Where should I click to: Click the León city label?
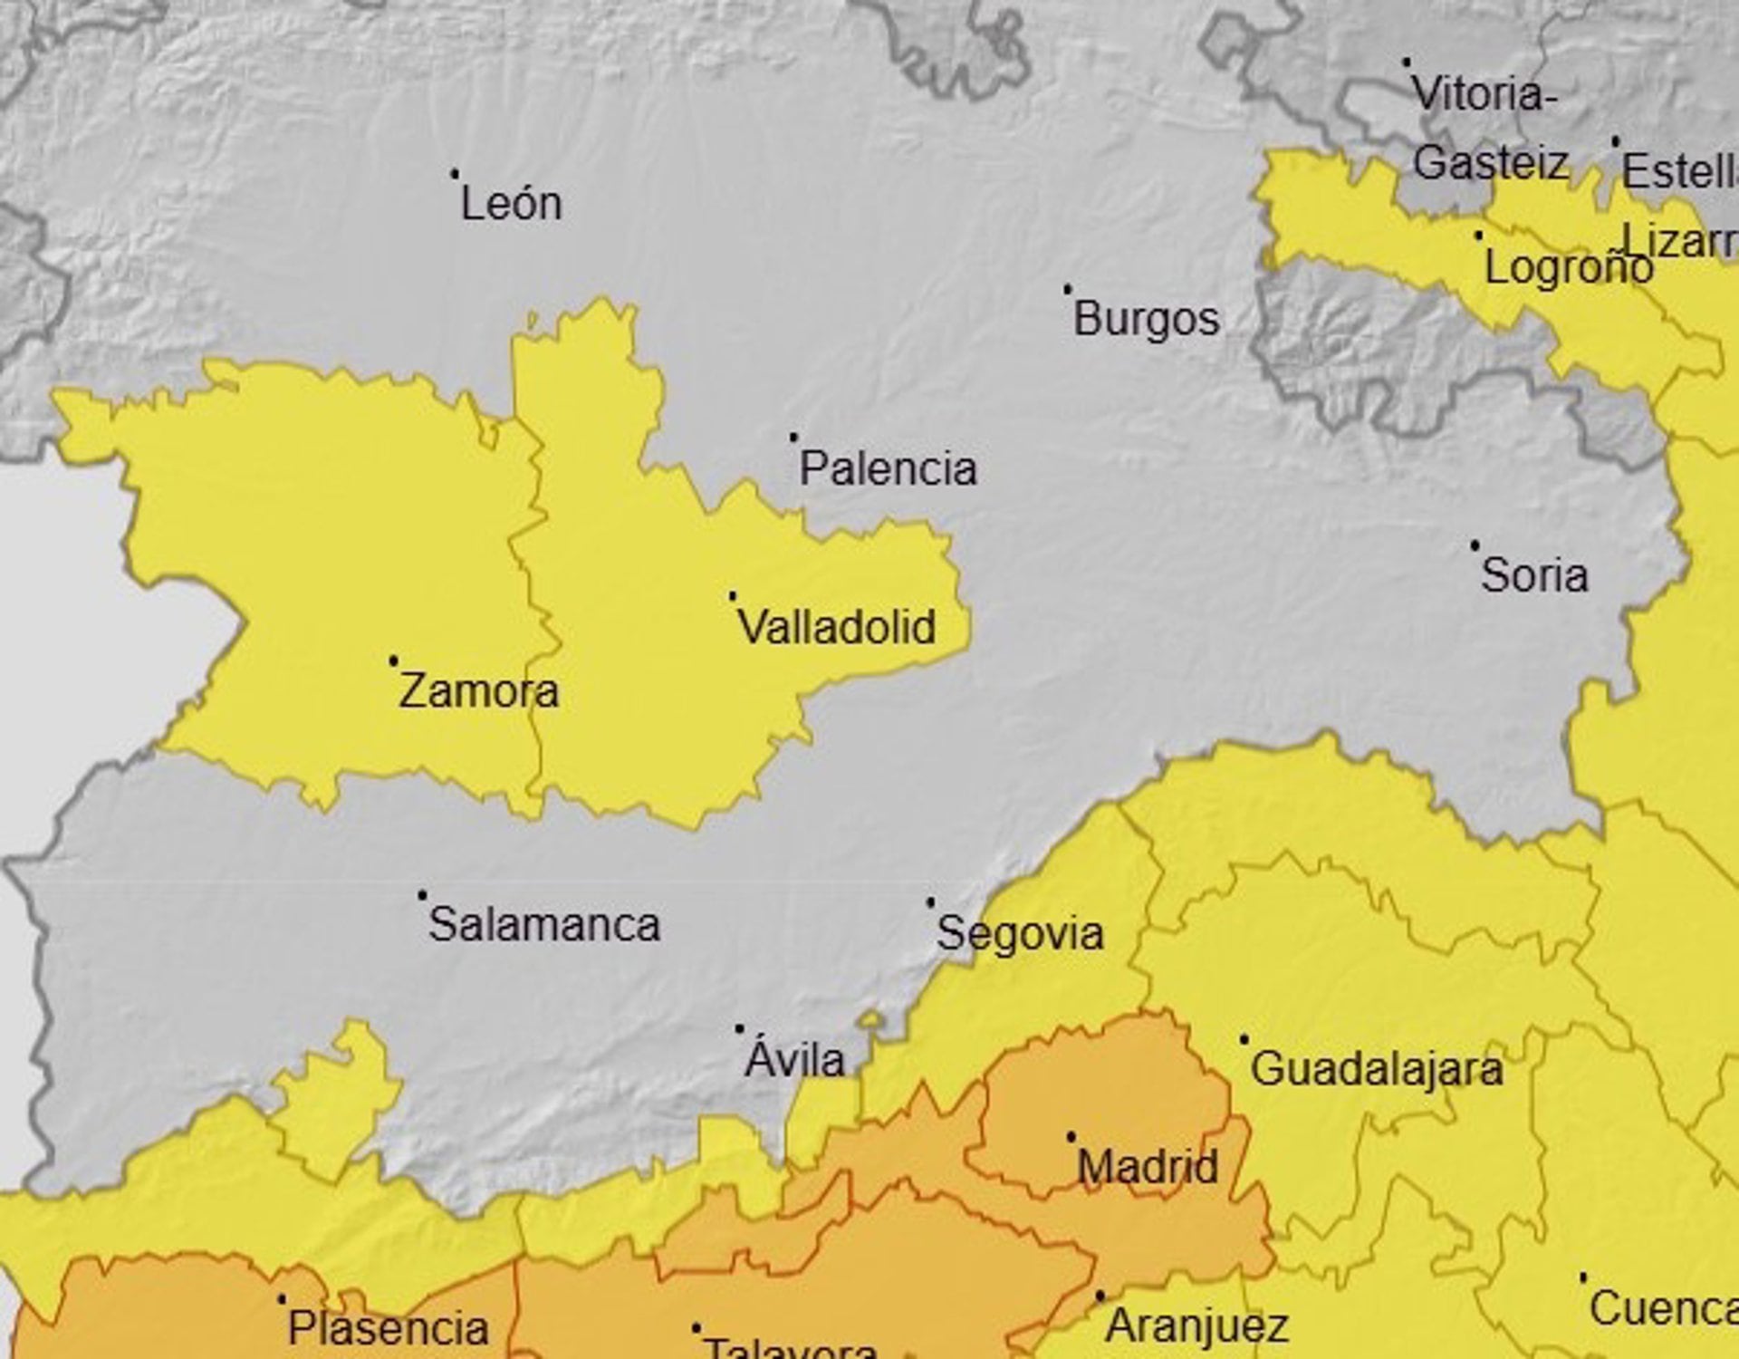(511, 203)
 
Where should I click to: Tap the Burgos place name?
(1146, 319)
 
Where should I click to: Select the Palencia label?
(888, 468)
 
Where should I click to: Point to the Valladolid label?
(837, 627)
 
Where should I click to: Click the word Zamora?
(479, 691)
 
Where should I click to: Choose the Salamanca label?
(543, 925)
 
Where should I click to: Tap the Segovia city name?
(1020, 933)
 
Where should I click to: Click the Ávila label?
(794, 1059)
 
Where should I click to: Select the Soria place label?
(1534, 575)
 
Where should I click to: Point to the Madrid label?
(1148, 1166)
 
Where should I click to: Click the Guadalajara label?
(1377, 1069)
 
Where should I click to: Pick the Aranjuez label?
(1196, 1326)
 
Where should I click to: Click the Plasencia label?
(389, 1329)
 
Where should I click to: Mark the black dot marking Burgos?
(1067, 289)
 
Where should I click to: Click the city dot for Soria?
(1475, 545)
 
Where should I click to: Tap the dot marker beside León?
(455, 173)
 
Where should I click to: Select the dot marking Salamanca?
(422, 895)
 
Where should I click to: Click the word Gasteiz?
(1490, 163)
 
